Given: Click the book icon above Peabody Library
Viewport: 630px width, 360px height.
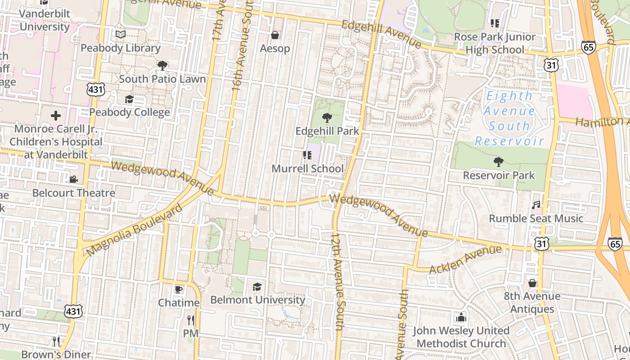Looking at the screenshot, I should point(121,35).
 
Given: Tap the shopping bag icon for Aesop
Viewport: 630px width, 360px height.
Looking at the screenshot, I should point(275,35).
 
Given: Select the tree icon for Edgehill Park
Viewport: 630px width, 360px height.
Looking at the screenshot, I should point(327,118).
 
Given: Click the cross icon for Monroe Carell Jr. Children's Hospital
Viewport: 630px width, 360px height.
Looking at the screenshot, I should point(56,116).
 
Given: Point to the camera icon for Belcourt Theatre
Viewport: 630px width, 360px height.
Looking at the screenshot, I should point(74,180).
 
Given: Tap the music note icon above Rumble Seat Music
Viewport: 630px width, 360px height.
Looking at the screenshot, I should point(536,205).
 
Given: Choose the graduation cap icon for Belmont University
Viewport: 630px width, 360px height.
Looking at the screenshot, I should point(257,287).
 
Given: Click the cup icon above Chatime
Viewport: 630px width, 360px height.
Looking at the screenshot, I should point(179,289).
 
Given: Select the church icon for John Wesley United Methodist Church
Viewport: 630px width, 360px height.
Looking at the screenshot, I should point(461,317).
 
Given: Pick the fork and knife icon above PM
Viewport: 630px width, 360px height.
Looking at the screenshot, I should point(191,320).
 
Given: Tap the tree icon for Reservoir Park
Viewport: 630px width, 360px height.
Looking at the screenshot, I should point(499,162).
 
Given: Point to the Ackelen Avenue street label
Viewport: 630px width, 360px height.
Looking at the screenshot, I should point(465,260).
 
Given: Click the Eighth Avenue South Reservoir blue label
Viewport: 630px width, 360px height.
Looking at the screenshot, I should point(509,118).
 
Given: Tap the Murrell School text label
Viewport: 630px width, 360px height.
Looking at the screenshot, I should point(307,169).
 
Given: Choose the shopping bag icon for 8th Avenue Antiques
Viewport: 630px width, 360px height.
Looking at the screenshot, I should point(532,283).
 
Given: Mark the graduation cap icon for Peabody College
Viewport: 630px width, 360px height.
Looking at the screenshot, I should point(130,99).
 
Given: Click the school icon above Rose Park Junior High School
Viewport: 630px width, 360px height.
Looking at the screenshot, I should point(495,23).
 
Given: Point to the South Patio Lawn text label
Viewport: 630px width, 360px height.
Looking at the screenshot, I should point(162,79).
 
